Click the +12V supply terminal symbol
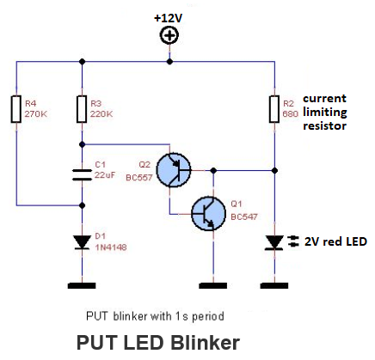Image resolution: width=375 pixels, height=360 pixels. point(169,35)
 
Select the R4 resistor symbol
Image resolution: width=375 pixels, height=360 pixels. point(16,109)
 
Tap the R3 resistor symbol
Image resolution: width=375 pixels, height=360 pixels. point(82,109)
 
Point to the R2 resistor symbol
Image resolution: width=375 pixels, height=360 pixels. point(274,109)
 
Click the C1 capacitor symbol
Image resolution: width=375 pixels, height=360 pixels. point(82,174)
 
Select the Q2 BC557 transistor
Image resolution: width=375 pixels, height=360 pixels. point(174,170)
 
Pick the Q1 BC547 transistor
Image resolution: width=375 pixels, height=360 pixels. point(208,213)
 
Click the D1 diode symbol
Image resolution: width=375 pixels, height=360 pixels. point(82,242)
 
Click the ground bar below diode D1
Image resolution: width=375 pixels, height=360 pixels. point(82,285)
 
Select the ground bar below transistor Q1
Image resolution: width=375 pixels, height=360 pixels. point(212,285)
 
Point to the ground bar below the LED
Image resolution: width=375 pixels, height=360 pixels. point(274,285)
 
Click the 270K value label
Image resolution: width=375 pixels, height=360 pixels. point(36,114)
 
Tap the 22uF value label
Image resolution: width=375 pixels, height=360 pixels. point(105,174)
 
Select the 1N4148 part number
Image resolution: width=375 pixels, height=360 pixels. point(111,247)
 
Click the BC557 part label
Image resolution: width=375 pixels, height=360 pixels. point(139,178)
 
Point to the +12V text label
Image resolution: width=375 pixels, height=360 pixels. point(169,18)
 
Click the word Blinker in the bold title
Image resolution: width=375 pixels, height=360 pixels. point(206,342)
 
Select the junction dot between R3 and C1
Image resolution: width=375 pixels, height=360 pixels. point(82,144)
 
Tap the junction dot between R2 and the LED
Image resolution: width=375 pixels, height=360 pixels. point(274,171)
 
